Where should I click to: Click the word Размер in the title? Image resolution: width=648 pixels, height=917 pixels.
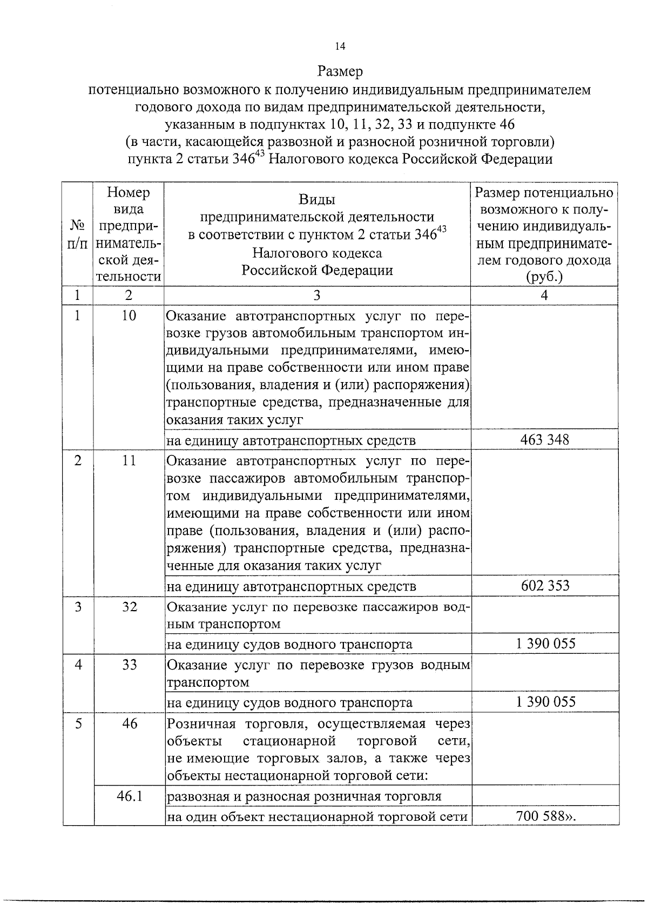click(340, 71)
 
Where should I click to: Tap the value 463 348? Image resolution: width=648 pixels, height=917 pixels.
click(544, 439)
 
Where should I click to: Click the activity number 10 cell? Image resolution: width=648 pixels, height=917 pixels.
click(129, 316)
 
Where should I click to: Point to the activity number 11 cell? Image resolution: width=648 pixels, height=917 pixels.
click(129, 461)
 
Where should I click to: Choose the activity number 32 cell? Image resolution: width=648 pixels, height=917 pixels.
click(129, 607)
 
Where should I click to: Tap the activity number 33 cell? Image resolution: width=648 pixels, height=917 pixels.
click(129, 665)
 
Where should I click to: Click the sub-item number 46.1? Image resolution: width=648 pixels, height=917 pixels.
click(129, 795)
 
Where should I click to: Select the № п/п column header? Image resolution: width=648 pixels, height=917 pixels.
click(78, 233)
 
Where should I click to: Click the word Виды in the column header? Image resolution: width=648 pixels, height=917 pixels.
click(316, 200)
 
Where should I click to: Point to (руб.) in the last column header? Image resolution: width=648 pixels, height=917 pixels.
click(544, 277)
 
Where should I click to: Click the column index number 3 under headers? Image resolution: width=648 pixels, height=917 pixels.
click(317, 296)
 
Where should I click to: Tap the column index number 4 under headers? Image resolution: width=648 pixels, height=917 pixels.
click(544, 296)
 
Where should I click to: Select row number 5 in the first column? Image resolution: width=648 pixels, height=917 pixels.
click(79, 724)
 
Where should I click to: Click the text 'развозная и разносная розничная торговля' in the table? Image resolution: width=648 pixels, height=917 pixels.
click(304, 796)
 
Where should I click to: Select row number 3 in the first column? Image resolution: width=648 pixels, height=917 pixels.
click(79, 607)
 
